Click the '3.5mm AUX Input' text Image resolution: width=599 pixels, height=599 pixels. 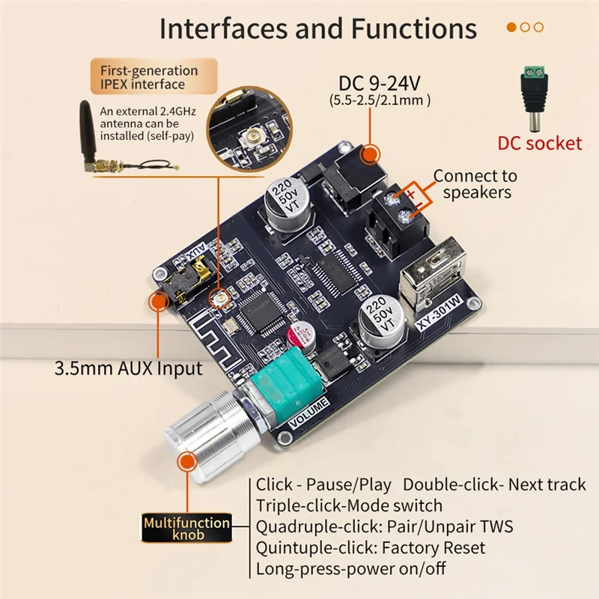point(128,368)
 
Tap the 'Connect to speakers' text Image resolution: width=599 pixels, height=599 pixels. point(475,184)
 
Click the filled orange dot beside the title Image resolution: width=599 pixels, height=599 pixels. point(512,28)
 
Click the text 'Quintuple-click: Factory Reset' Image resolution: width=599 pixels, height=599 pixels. point(370,548)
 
